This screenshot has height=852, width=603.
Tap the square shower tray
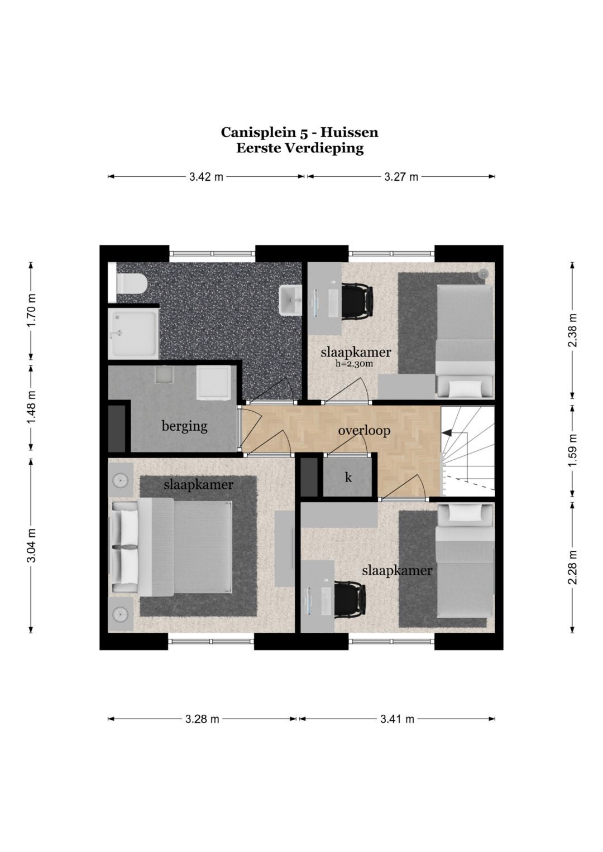coord(133,333)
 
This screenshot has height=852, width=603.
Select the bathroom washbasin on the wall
coord(290,301)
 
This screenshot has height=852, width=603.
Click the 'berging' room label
coord(185,426)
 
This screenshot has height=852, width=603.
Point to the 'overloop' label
coord(364,431)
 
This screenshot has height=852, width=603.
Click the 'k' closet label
coord(348,478)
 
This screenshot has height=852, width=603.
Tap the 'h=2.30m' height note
coord(354,364)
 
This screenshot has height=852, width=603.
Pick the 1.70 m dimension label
coord(31,307)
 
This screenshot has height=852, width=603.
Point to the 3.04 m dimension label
coord(31,545)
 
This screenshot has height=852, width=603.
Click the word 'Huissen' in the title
coord(349,132)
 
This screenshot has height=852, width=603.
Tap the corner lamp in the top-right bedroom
coord(483,273)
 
